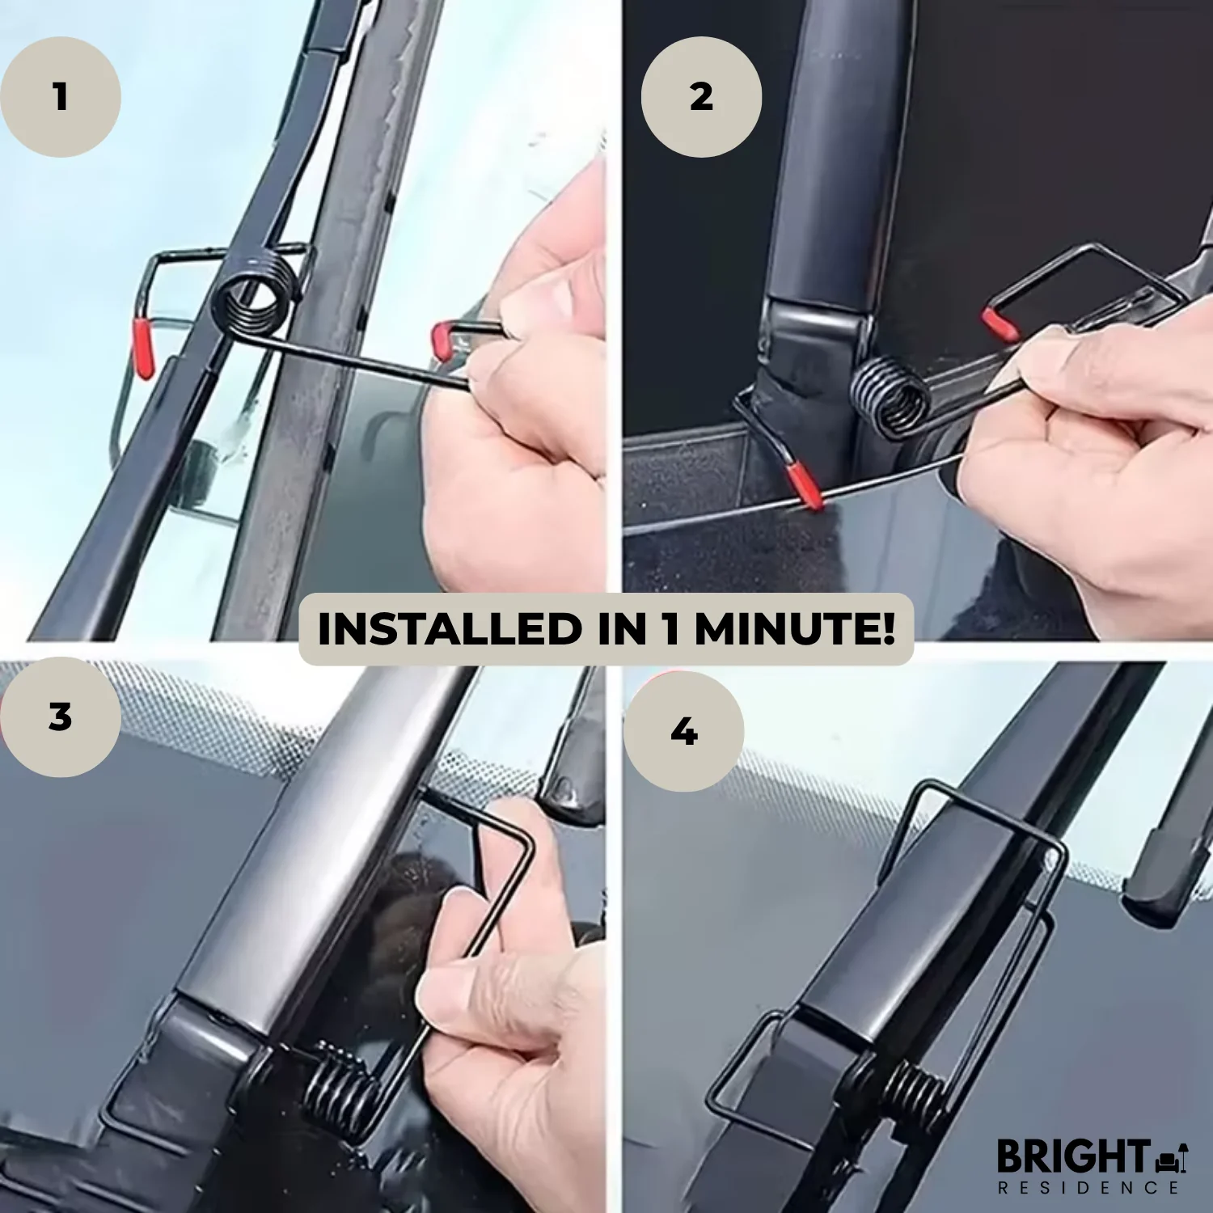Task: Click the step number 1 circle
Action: pyautogui.click(x=61, y=97)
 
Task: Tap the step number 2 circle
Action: pyautogui.click(x=701, y=97)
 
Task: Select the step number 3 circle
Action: pyautogui.click(x=61, y=717)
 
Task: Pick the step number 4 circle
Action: pyautogui.click(x=684, y=732)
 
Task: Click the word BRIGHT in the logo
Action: pyautogui.click(x=1072, y=1157)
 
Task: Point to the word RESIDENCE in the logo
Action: pyautogui.click(x=1088, y=1188)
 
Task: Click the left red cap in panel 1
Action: pyautogui.click(x=143, y=347)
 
